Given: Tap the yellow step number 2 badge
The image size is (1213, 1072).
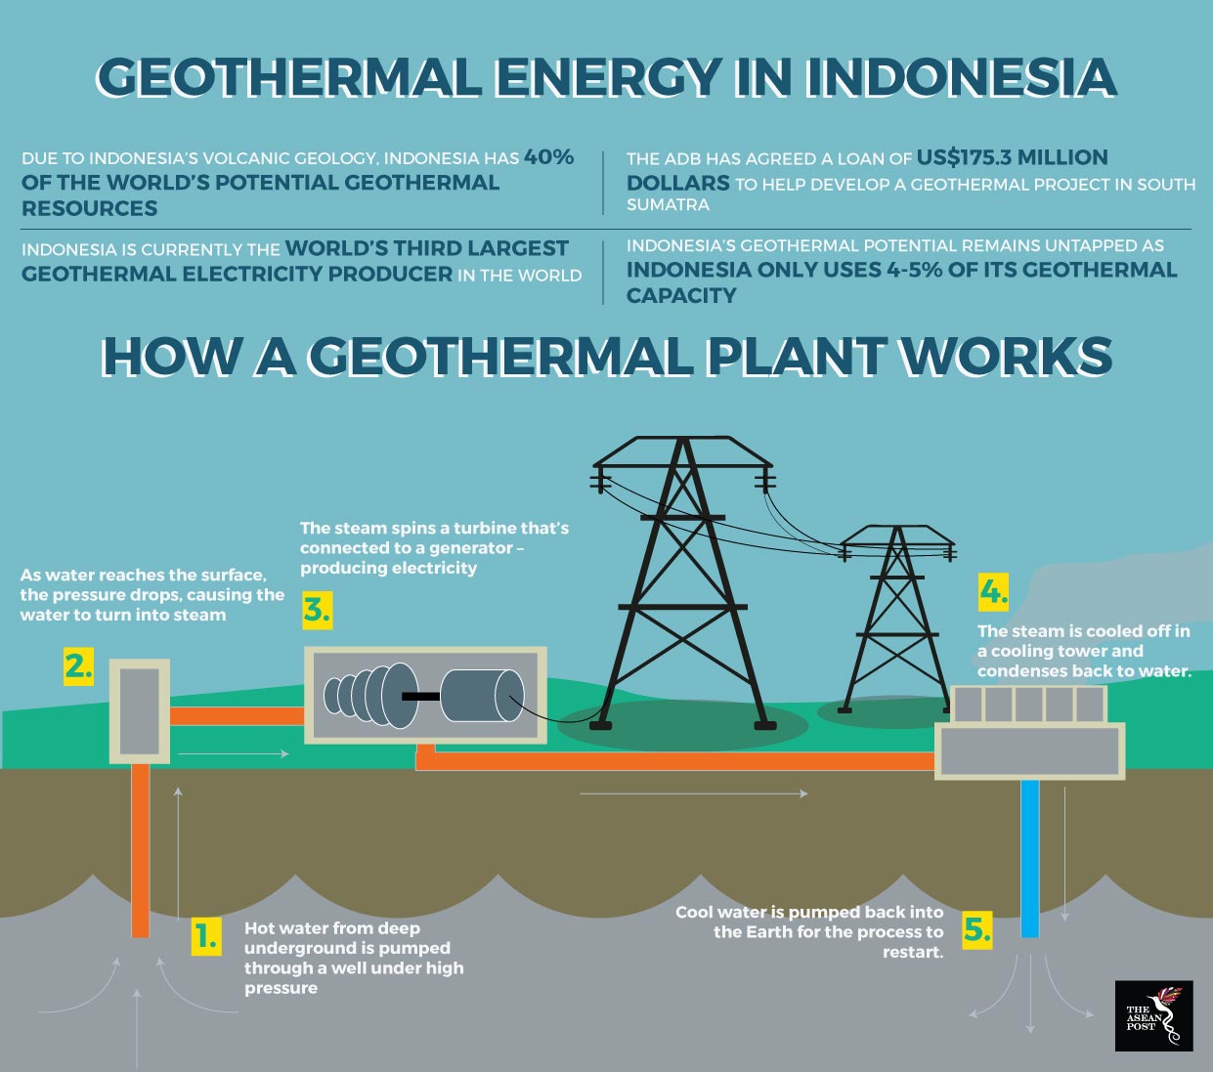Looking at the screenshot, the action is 78,666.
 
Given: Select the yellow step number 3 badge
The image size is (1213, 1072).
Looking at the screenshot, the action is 318,611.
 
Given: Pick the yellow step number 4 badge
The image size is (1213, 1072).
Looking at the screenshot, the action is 993,592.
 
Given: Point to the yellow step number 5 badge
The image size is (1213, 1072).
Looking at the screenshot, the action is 977,930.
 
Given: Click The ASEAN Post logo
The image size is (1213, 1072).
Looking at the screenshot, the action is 1153,1015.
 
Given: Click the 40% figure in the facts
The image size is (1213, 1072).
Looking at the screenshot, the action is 549,156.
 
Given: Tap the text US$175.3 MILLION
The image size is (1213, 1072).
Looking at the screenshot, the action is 1012,157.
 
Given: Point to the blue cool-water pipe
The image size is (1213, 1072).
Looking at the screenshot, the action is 1030,858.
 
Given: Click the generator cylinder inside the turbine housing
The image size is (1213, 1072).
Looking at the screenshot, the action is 482,696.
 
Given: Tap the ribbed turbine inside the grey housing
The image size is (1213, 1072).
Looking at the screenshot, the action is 370,696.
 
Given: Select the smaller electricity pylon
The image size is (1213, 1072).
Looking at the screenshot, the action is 896,619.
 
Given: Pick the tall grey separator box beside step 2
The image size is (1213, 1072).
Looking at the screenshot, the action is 140,711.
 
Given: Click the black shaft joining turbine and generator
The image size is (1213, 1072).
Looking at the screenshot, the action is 421,696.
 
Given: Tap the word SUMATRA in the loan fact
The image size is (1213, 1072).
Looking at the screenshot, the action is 668,204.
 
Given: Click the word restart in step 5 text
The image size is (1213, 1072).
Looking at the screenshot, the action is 911,952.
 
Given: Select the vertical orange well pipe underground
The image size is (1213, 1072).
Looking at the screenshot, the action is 140,850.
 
